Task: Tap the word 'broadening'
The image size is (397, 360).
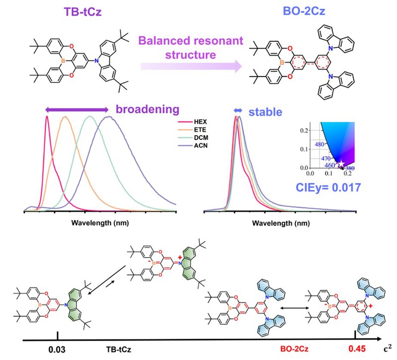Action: coord(147,109)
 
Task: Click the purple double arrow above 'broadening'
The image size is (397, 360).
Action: coord(77,109)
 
